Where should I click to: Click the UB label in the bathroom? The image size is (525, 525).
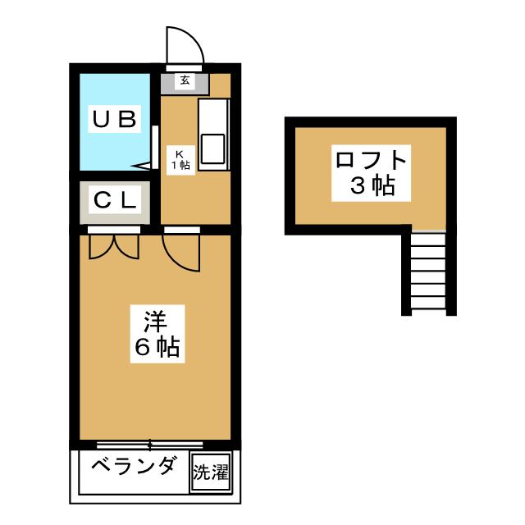click(113, 120)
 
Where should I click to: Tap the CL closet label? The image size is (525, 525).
click(115, 199)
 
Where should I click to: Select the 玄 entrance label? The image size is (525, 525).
click(185, 80)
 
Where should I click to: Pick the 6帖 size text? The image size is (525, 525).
click(156, 348)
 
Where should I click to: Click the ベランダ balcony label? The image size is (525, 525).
click(133, 468)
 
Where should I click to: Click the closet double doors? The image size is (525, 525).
click(114, 245)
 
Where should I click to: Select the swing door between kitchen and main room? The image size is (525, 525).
click(182, 250)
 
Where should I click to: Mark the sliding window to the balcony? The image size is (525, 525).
click(149, 445)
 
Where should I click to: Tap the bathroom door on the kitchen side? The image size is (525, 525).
click(154, 148)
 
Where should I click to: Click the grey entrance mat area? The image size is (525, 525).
click(185, 81)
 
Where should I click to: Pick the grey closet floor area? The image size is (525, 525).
click(115, 215)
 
